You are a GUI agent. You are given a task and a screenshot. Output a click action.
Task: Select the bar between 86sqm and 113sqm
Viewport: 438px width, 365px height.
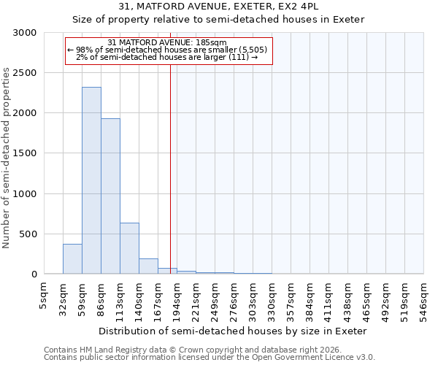coord(110,196)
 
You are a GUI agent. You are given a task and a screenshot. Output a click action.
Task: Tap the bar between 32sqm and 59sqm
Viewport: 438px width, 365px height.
coord(72,258)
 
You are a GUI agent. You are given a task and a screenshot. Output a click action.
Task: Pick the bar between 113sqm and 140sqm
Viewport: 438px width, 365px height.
coord(129,248)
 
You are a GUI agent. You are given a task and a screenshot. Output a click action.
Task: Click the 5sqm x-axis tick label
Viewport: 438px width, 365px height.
coord(44,295)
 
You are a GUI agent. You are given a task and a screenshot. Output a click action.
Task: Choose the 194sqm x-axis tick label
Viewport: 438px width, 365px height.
coord(177,298)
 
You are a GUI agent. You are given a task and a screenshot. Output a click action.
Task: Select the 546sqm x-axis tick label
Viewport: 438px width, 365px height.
coord(423,298)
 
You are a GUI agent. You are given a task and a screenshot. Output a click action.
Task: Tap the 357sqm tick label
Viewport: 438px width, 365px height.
coord(291,298)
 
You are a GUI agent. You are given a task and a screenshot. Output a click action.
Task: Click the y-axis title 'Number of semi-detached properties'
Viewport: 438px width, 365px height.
coord(7,158)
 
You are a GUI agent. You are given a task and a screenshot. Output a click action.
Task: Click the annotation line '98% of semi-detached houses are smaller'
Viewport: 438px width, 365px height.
coord(168,50)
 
